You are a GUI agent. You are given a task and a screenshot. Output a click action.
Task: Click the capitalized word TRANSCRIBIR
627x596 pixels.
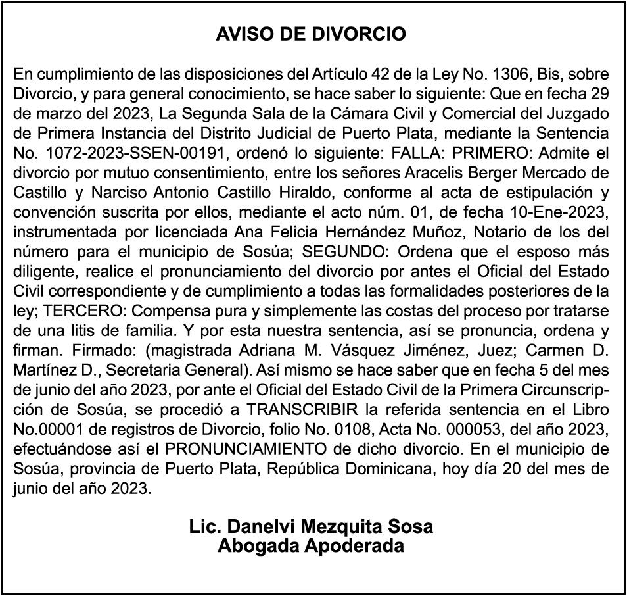pyautogui.click(x=303, y=409)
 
